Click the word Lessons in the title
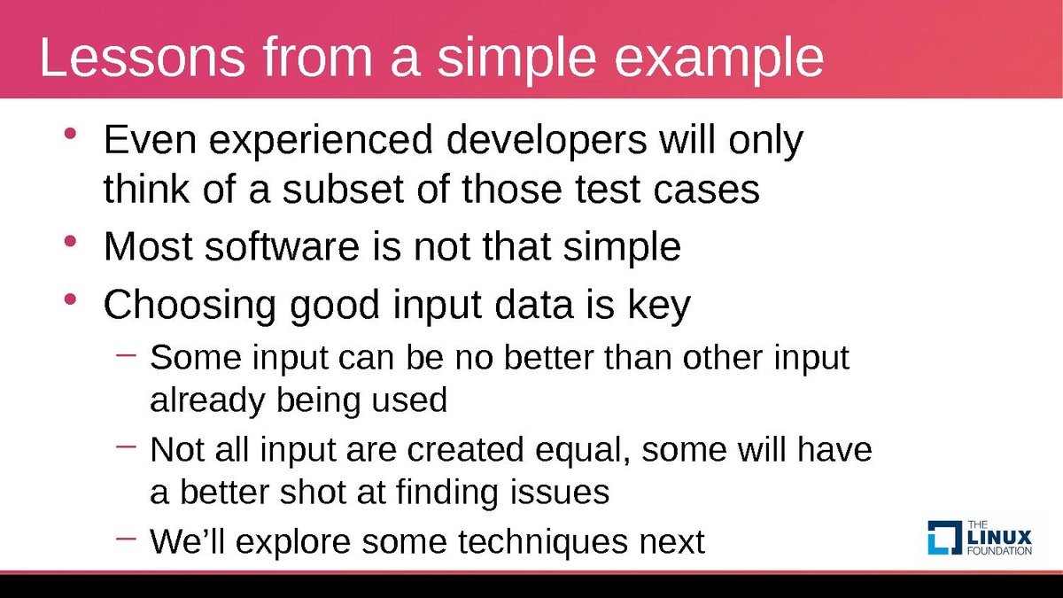coord(143,57)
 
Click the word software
coord(282,246)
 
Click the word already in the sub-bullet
coord(207,400)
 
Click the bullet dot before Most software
coord(70,241)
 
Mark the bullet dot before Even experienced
coord(70,134)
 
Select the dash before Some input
coord(126,354)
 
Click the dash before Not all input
coord(126,447)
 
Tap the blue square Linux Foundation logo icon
coord(945,538)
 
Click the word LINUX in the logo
coord(999,538)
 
